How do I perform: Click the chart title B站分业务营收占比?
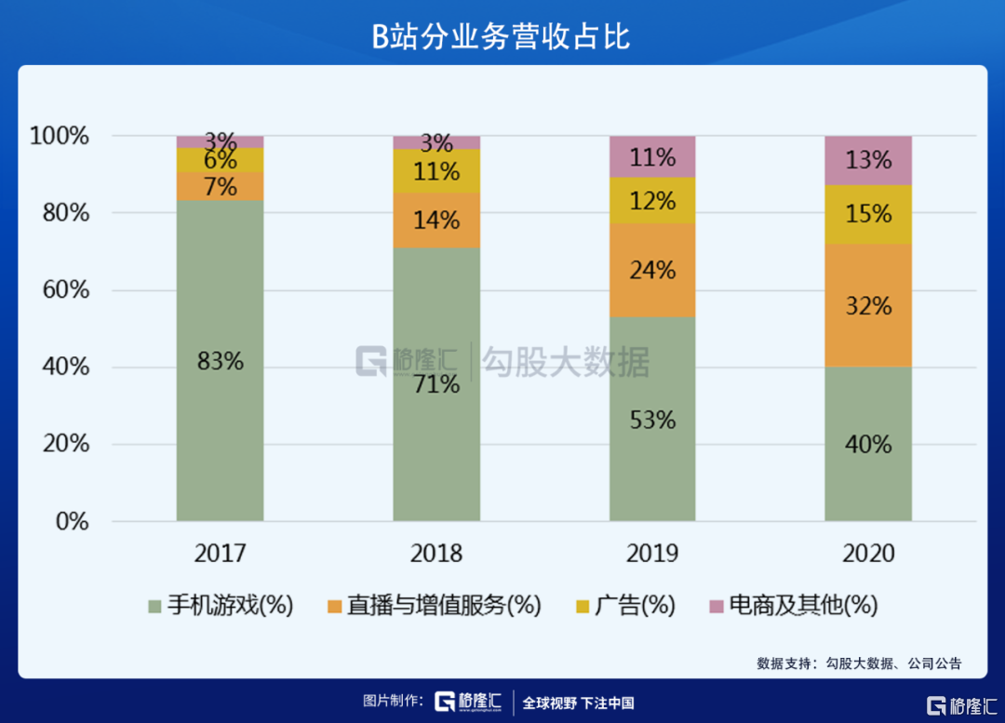click(502, 36)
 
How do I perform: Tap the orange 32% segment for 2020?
click(868, 305)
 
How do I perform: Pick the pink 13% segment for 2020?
click(868, 160)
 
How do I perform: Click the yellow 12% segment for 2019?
click(652, 200)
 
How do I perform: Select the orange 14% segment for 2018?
click(436, 221)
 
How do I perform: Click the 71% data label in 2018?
click(436, 383)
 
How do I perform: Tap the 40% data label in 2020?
click(868, 445)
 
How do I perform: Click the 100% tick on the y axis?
click(60, 137)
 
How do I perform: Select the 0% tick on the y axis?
click(71, 521)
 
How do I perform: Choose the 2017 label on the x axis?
click(221, 554)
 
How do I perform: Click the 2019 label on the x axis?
click(652, 554)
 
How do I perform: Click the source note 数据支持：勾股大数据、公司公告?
click(859, 663)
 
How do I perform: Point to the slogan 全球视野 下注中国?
click(578, 703)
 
